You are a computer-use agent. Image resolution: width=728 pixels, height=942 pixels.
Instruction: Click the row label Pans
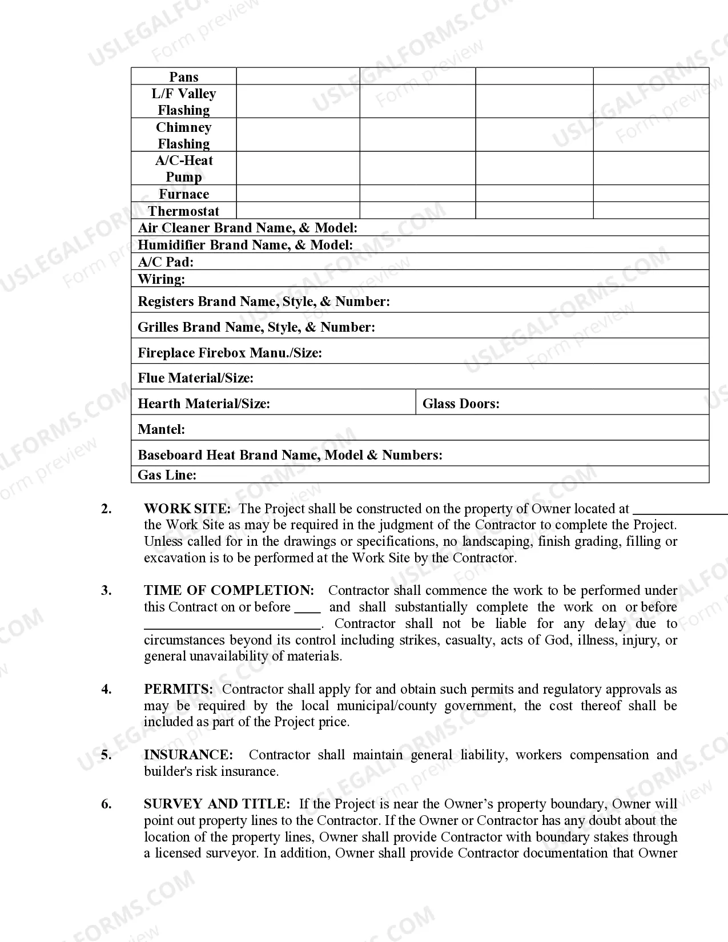183,77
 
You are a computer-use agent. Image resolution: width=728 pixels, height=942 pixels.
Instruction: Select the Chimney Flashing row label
183,135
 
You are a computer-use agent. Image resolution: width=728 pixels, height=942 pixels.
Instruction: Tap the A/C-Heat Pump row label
183,168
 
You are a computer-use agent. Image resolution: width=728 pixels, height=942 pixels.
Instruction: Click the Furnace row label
183,194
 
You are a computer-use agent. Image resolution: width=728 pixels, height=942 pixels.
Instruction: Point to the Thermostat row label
183,211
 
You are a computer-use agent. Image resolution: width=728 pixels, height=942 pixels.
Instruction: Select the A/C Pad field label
166,262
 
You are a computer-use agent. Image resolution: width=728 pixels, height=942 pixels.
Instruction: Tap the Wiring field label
161,279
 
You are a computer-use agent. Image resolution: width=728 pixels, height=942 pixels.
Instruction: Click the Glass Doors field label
461,404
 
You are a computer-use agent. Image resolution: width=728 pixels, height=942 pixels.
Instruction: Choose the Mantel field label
161,429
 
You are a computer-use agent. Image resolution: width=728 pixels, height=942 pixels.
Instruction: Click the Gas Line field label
167,475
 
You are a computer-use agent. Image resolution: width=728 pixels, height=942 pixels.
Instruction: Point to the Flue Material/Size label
195,378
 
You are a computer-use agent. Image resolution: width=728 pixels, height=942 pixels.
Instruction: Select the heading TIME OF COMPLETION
229,590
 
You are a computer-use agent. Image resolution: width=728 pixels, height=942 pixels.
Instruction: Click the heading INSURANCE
188,755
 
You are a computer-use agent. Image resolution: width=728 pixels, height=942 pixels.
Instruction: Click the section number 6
106,804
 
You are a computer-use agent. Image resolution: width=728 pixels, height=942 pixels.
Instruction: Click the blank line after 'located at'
679,512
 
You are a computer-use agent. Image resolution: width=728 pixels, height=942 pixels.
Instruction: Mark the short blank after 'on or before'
307,610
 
